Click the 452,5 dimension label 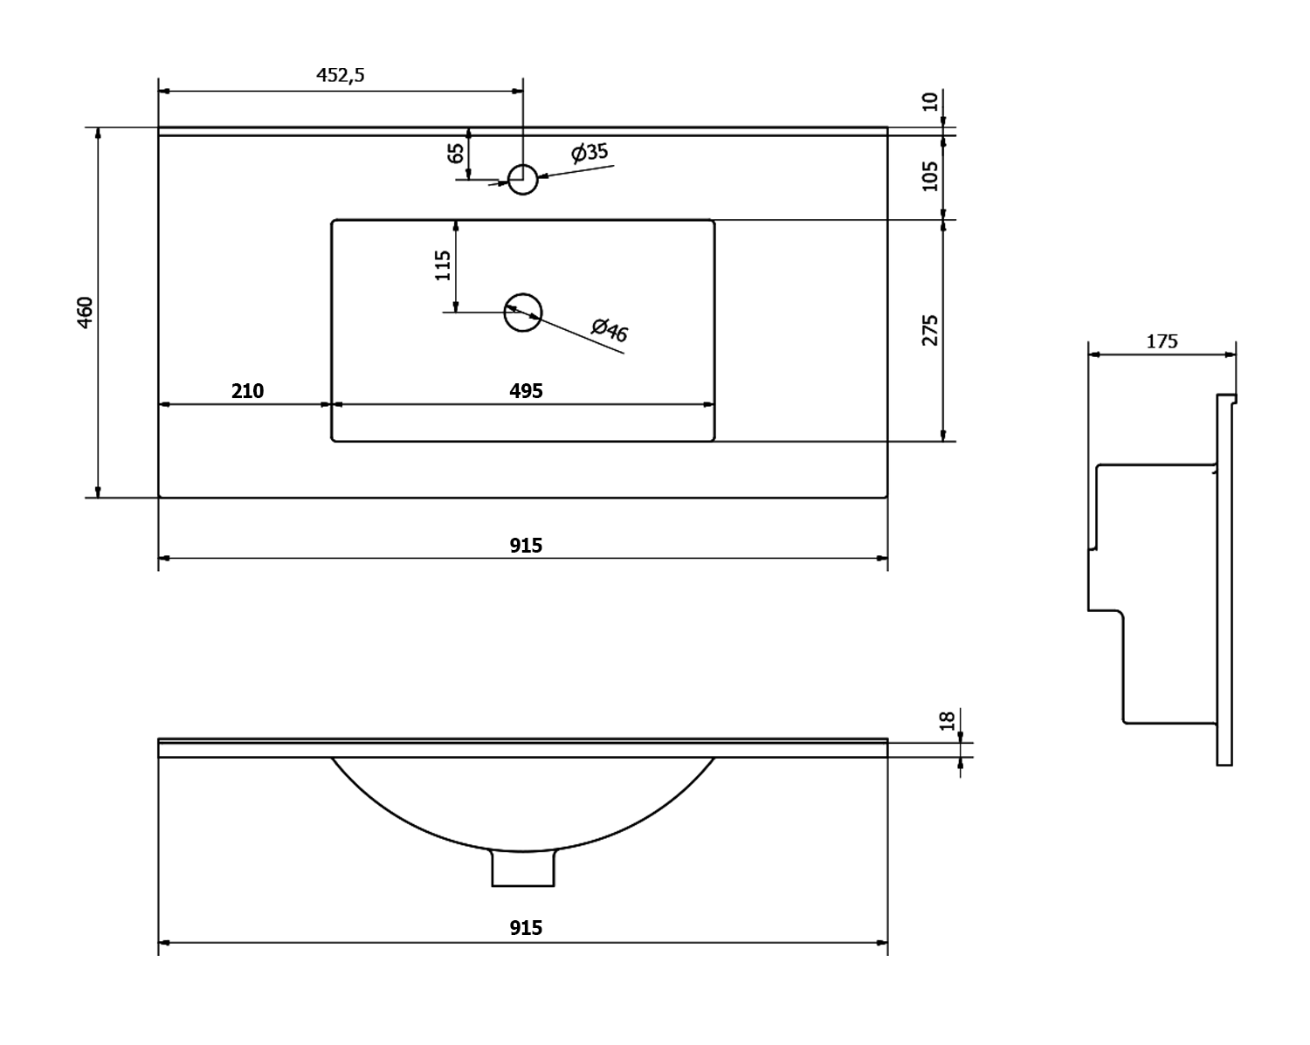(x=340, y=75)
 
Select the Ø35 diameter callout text (x=589, y=153)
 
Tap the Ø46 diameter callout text (x=609, y=330)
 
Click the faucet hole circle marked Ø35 (x=522, y=179)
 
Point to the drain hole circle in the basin (x=523, y=313)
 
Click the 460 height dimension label (x=85, y=313)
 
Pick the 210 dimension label (x=247, y=391)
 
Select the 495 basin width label (x=526, y=391)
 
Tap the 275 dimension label (x=931, y=330)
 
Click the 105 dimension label (x=931, y=175)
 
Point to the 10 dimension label (x=931, y=101)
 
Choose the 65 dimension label (x=455, y=154)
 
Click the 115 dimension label (x=443, y=265)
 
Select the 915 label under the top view (x=526, y=546)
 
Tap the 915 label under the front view (x=526, y=928)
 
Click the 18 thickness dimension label (x=947, y=721)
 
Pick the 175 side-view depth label (x=1162, y=341)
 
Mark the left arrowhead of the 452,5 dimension (x=163, y=90)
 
